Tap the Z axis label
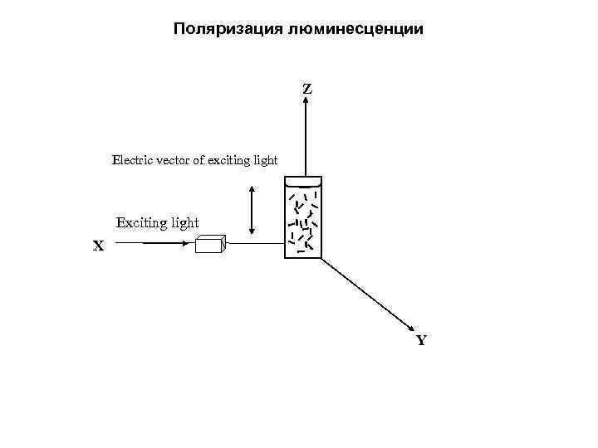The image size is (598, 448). pyautogui.click(x=307, y=88)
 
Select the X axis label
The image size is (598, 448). pyautogui.click(x=99, y=246)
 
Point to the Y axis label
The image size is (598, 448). pyautogui.click(x=421, y=340)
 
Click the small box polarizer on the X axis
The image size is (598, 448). pyautogui.click(x=210, y=243)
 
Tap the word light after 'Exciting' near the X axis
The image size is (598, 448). pyautogui.click(x=185, y=222)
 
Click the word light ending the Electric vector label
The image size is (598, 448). pyautogui.click(x=267, y=159)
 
